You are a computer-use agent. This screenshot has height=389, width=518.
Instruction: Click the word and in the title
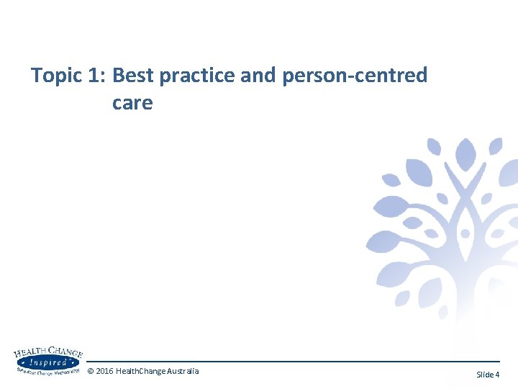click(258, 75)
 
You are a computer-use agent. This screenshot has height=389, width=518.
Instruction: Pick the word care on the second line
click(132, 103)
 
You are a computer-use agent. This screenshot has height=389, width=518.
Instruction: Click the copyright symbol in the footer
click(90, 371)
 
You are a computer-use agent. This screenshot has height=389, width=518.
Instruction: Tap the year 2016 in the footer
click(104, 371)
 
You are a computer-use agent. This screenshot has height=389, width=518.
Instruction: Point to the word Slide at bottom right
click(485, 375)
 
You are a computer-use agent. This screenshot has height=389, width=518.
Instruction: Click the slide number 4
click(497, 375)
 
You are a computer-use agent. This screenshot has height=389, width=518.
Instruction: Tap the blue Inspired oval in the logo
click(47, 362)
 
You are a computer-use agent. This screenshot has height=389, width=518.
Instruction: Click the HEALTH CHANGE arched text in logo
click(48, 353)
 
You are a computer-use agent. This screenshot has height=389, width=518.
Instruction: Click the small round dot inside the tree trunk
click(465, 233)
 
